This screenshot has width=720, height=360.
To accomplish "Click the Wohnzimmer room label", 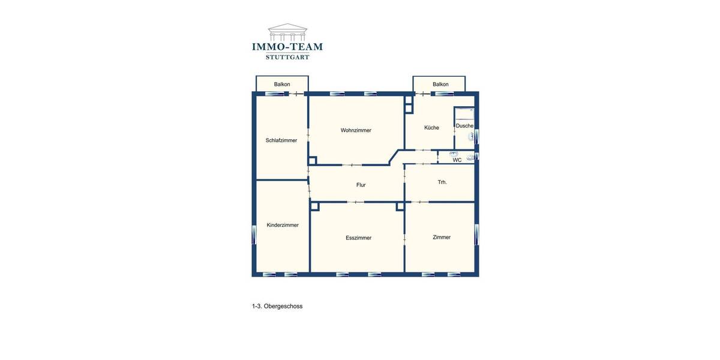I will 356,130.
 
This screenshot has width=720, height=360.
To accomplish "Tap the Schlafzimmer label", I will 281,140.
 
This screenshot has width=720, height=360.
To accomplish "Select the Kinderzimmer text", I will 283,225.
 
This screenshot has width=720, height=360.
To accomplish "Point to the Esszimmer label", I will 358,238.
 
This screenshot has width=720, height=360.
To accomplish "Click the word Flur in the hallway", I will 361,185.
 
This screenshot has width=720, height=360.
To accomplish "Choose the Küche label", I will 431,127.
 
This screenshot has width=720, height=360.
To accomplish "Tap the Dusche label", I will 464,126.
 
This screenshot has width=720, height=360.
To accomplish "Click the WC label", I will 457,160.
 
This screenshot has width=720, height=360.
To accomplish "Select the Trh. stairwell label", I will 442,182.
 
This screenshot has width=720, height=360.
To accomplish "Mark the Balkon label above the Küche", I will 440,84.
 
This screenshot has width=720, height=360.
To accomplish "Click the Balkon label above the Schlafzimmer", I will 282,84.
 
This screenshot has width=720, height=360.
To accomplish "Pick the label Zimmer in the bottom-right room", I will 442,237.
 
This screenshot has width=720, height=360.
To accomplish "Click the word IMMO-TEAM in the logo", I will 287,46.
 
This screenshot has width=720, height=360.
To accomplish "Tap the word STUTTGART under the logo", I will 287,58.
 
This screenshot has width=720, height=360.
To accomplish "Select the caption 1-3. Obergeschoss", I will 277,306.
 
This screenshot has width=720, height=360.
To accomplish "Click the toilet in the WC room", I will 470,158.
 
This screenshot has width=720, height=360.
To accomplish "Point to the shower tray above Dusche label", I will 464,113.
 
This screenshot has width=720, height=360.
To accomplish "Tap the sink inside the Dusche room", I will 472,137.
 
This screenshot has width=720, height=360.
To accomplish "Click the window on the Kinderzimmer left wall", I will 254,233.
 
